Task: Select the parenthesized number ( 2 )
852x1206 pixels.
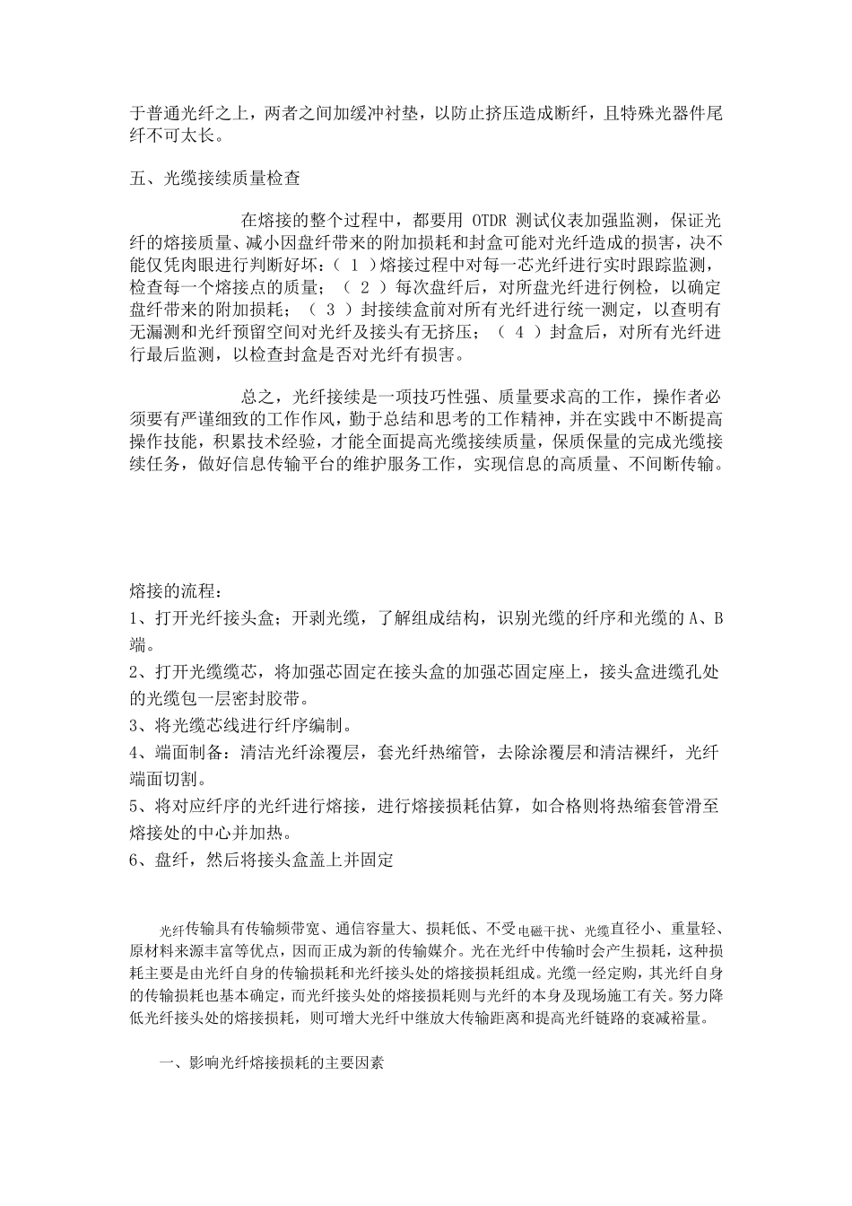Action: [365, 287]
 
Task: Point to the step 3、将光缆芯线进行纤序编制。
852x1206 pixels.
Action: [240, 725]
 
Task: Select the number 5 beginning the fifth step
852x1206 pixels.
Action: [135, 805]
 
